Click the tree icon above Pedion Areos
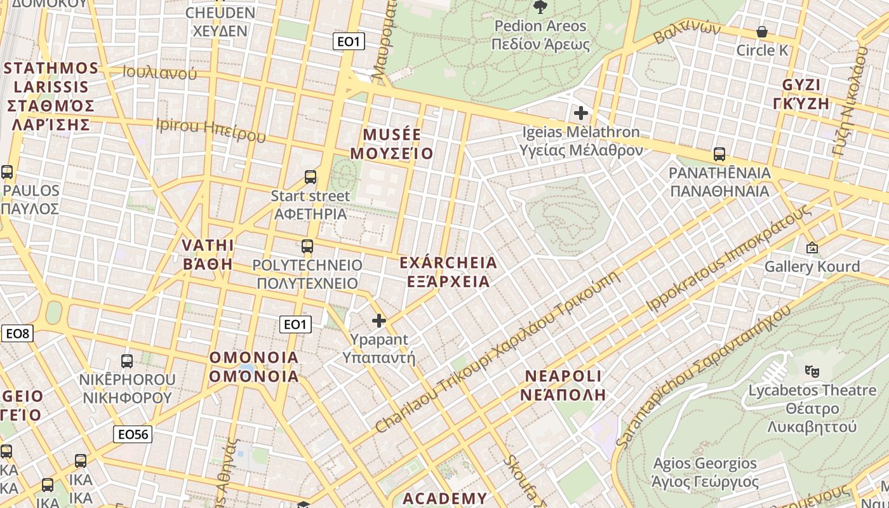[540, 7]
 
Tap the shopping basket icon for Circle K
[762, 32]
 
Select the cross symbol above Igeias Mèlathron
[581, 114]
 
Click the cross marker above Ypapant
[379, 321]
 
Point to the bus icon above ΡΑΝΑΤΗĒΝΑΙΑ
[719, 154]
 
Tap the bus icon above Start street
[311, 177]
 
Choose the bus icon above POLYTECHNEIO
[307, 246]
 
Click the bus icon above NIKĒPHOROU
[127, 361]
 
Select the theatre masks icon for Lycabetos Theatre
[810, 370]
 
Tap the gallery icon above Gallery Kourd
[812, 248]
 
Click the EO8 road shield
[17, 333]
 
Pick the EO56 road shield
[133, 434]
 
